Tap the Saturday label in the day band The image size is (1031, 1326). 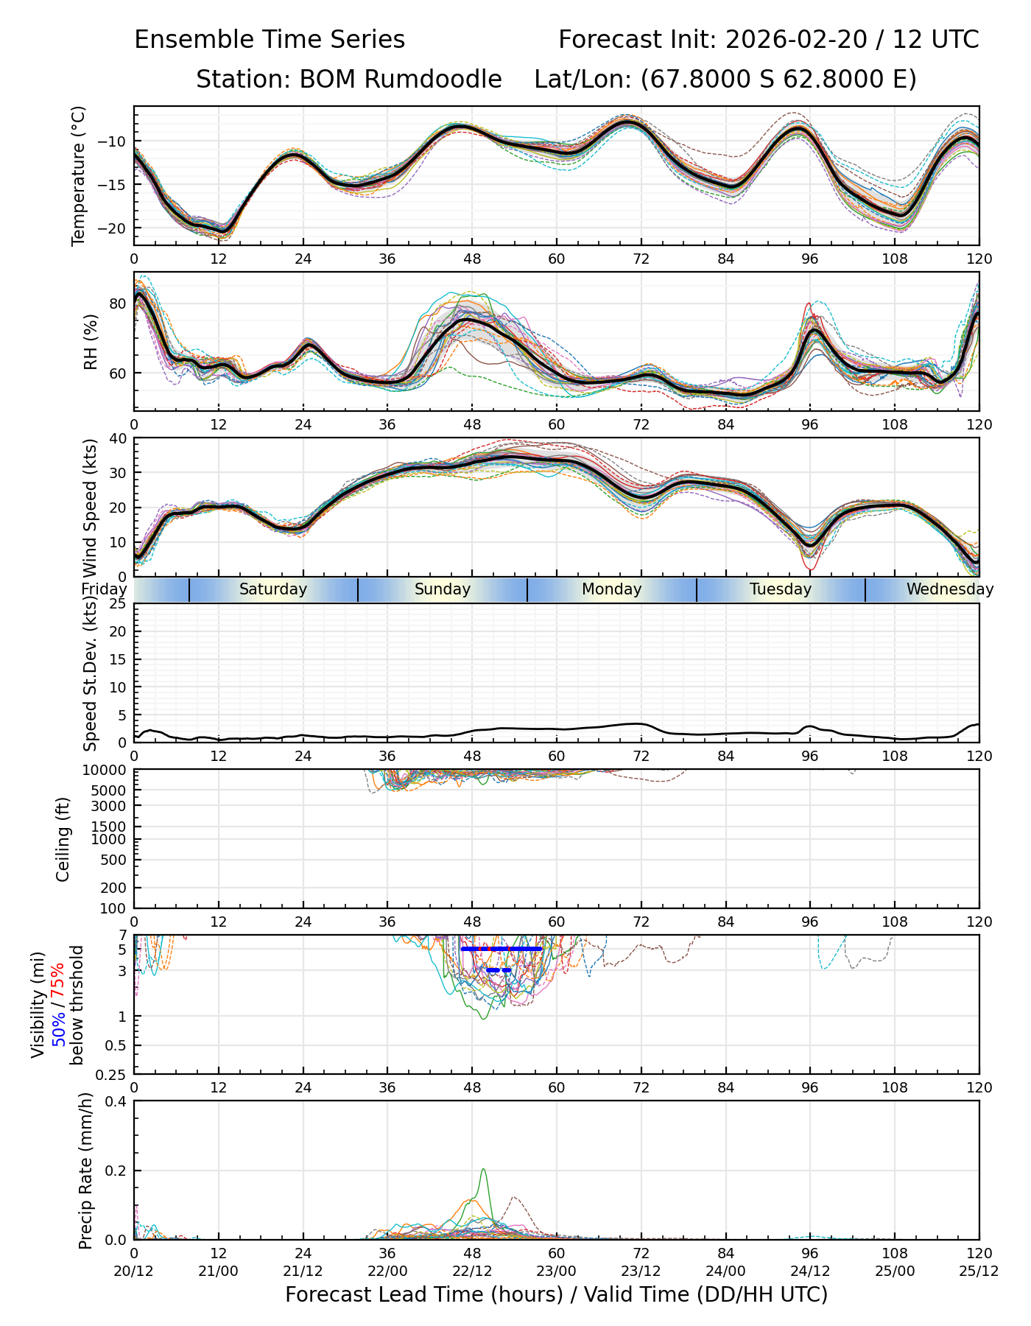273,589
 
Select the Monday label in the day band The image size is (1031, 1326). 611,589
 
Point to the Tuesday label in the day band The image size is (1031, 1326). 781,589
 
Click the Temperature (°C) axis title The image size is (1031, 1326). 79,175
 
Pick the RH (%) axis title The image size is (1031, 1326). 91,342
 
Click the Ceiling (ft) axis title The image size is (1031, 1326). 63,839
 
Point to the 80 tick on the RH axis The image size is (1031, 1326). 119,304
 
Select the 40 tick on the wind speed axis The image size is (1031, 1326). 117,438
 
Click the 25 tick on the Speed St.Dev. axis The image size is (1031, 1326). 117,604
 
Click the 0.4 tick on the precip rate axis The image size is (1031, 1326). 116,1101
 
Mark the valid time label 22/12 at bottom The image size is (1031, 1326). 472,1271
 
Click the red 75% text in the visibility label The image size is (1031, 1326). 57,981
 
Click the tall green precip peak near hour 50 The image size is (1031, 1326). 483,1170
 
